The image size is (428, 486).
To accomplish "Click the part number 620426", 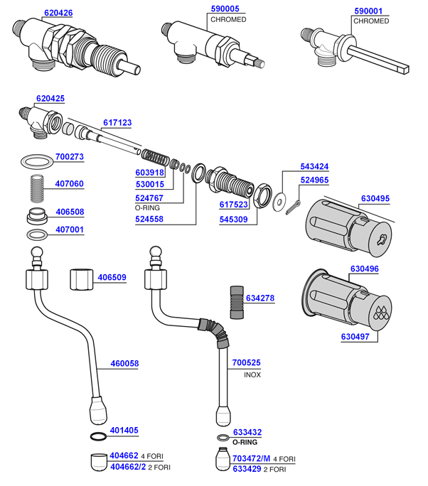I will tap(58, 13).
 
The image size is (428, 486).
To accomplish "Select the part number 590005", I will tap(225, 9).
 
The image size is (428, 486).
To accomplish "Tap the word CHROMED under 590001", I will tap(371, 21).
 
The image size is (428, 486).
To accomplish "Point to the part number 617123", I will tap(117, 123).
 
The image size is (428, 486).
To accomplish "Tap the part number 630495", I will tap(375, 198).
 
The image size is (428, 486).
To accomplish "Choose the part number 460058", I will tap(124, 364).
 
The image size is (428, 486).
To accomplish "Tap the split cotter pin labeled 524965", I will tap(294, 206).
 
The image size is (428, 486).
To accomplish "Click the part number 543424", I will tap(314, 166).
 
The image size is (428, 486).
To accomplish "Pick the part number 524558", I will tap(149, 220).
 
